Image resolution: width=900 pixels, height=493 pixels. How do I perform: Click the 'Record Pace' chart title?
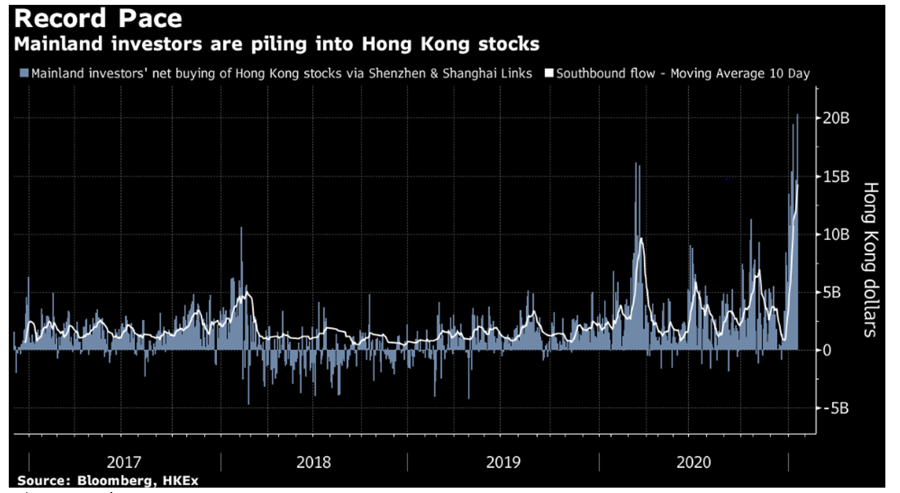98,19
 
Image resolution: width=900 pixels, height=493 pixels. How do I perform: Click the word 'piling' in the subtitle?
278,44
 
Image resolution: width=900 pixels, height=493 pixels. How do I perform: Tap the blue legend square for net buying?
24,73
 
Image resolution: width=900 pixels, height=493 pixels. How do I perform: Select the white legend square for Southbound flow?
549,73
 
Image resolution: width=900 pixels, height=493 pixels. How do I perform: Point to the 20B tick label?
836,118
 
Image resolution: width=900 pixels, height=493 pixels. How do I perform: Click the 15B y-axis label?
836,177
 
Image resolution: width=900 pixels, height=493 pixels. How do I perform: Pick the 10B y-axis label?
836,235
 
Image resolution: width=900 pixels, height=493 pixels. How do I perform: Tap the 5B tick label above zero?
832,292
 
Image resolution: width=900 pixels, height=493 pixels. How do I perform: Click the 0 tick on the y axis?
827,350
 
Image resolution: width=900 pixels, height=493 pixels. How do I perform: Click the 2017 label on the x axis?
124,462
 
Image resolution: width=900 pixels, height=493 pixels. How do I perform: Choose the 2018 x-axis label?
314,462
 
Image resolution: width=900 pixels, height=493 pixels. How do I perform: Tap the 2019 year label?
503,462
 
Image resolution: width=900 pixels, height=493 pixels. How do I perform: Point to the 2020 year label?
693,462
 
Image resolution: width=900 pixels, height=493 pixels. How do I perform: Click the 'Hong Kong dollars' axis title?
871,260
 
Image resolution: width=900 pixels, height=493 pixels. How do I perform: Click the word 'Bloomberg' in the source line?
114,481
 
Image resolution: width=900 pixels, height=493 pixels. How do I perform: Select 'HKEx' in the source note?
180,481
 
